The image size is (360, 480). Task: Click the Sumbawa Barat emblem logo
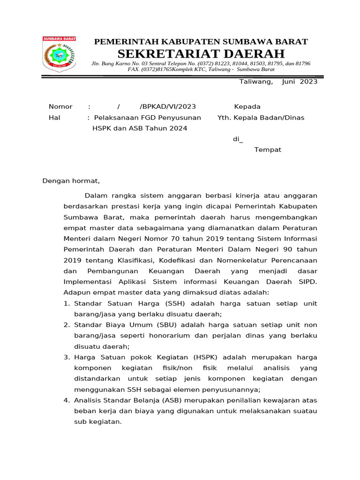coord(59,54)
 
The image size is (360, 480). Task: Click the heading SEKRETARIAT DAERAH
coord(201,53)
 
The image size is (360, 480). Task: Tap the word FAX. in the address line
coord(135,69)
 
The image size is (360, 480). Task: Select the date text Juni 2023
coord(300,82)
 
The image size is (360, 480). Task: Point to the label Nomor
coord(60,107)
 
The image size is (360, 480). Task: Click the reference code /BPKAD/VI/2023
coord(168,107)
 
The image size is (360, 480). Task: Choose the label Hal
coord(54,118)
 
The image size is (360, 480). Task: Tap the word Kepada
coord(247,107)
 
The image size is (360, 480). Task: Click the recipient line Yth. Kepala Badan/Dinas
coord(261,118)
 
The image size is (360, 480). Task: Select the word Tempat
coord(268,150)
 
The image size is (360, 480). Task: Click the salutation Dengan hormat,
coord(71,180)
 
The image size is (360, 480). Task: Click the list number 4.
coord(66,400)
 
